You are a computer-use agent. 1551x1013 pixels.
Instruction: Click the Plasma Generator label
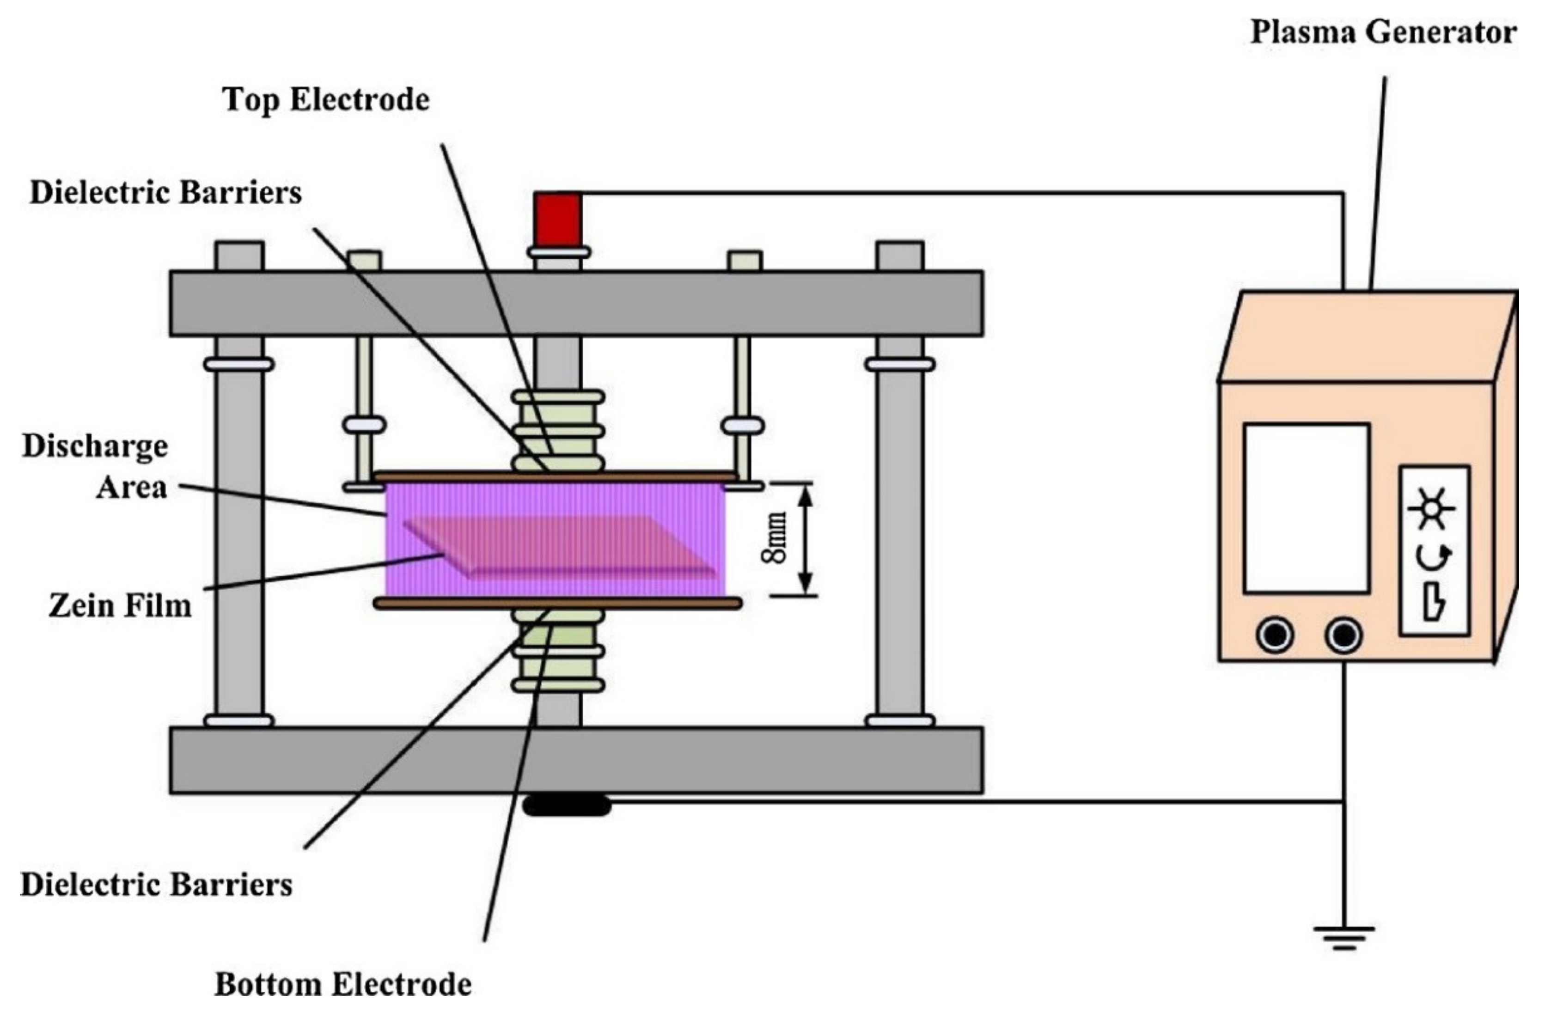tap(1382, 32)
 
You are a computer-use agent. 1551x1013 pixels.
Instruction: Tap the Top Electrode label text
tap(326, 100)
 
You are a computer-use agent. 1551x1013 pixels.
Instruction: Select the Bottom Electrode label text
tap(343, 984)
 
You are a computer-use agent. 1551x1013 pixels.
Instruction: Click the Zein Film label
tap(121, 606)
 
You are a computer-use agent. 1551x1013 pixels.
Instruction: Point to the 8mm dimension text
tap(775, 538)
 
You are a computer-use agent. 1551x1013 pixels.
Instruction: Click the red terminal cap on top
tap(557, 220)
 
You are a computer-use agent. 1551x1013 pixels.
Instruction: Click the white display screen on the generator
tap(1306, 509)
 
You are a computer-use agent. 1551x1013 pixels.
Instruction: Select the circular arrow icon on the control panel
tap(1434, 556)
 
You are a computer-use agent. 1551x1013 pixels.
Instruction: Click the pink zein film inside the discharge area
tap(561, 546)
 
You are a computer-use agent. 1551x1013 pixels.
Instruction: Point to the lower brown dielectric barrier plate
tap(557, 603)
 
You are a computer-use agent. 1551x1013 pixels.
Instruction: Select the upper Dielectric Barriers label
tap(166, 193)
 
